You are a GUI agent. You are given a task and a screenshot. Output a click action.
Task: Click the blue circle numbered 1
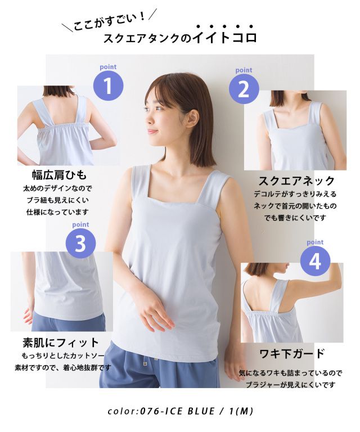[x=108, y=85]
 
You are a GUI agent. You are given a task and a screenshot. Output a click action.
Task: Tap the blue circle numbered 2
[x=244, y=89]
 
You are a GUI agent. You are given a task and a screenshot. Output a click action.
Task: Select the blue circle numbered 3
[x=80, y=243]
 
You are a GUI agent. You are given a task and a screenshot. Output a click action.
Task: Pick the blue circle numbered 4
[x=315, y=261]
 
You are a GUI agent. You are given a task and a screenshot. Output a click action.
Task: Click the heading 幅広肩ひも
[x=60, y=175]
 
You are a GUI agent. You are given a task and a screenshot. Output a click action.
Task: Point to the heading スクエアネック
[x=296, y=181]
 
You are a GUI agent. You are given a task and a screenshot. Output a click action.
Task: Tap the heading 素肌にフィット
[x=61, y=343]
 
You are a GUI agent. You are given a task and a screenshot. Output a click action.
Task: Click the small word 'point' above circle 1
[x=108, y=67]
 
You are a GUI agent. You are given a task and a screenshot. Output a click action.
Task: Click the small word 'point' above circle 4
[x=315, y=242]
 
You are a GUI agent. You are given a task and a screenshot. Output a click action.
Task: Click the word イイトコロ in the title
[x=224, y=37]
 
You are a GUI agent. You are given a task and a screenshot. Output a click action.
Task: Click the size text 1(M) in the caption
[x=241, y=411]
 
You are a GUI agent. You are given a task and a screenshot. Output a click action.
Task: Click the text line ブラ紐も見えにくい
[x=58, y=201]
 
